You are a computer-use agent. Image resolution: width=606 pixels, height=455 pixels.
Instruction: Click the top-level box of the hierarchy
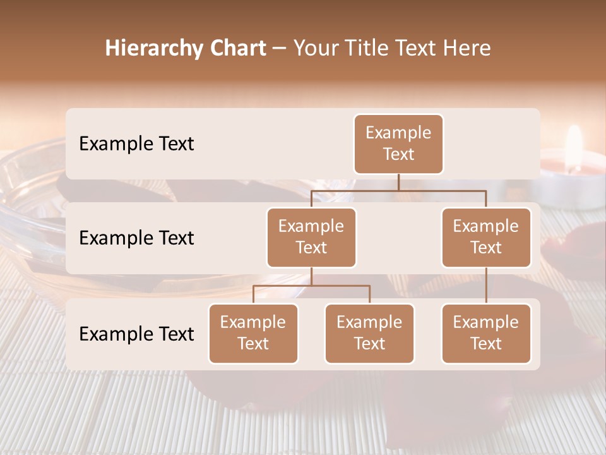(398, 143)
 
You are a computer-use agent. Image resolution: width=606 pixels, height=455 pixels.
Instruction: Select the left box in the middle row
(311, 237)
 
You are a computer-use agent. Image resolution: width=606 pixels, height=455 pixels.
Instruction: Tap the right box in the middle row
(486, 237)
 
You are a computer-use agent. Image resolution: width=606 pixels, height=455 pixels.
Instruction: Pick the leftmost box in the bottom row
(253, 333)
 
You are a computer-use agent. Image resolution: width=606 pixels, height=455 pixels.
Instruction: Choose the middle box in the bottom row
(369, 333)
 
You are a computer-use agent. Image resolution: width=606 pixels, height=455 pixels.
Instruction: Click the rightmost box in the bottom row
(486, 333)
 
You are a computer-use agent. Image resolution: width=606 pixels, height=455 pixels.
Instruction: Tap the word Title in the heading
(366, 49)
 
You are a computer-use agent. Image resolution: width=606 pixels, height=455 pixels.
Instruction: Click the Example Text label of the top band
(136, 144)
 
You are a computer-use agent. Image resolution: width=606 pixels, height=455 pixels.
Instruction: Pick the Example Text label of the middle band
(136, 238)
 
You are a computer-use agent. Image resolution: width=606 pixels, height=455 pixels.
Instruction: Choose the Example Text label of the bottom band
(136, 334)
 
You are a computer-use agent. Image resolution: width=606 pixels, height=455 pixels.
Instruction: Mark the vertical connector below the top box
(398, 182)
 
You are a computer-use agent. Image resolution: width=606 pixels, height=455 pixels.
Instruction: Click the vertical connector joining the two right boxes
(486, 286)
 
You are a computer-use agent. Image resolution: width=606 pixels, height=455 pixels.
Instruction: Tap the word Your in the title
(315, 49)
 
